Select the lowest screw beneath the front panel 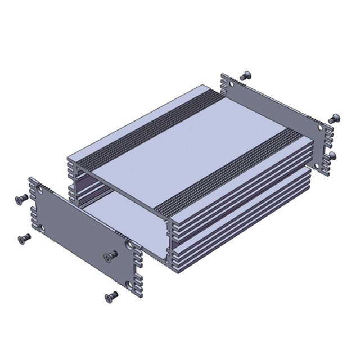tap(111, 295)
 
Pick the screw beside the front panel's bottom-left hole tap(24, 238)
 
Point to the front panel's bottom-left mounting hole tap(43, 228)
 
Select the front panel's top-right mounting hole tap(129, 245)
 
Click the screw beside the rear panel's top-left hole tap(245, 76)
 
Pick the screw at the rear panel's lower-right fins tap(333, 154)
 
